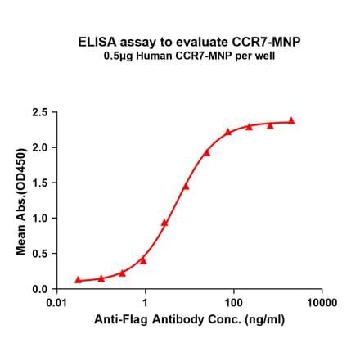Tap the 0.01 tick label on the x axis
[x=56, y=303]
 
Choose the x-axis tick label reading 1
[x=145, y=303]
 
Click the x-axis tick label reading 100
[x=233, y=303]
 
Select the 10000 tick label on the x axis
[x=322, y=303]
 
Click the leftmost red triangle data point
[x=78, y=279]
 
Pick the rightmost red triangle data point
[x=291, y=120]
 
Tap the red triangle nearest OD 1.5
[x=186, y=186]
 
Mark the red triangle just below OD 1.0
[x=164, y=222]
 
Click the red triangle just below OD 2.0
[x=207, y=152]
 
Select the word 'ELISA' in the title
[x=94, y=41]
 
